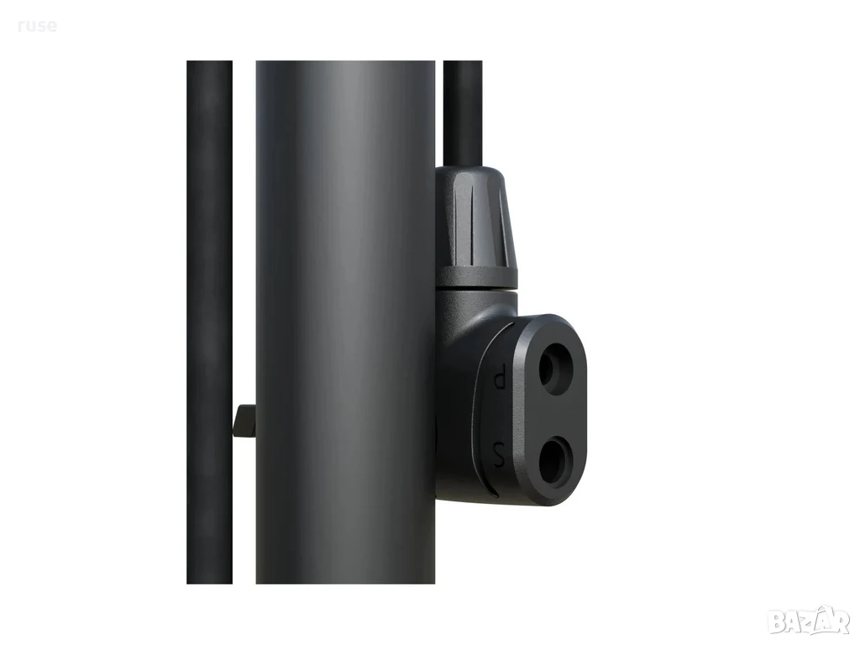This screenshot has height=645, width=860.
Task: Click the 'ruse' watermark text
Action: tap(37, 25)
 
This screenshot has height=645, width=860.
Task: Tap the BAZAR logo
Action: tap(809, 620)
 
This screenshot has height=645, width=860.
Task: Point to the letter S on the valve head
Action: tap(499, 454)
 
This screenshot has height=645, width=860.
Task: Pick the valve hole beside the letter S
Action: tap(556, 460)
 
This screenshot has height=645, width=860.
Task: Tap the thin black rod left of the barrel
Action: tap(209, 322)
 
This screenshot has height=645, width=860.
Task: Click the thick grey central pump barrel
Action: tap(345, 322)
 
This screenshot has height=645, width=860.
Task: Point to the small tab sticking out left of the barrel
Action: tap(244, 422)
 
